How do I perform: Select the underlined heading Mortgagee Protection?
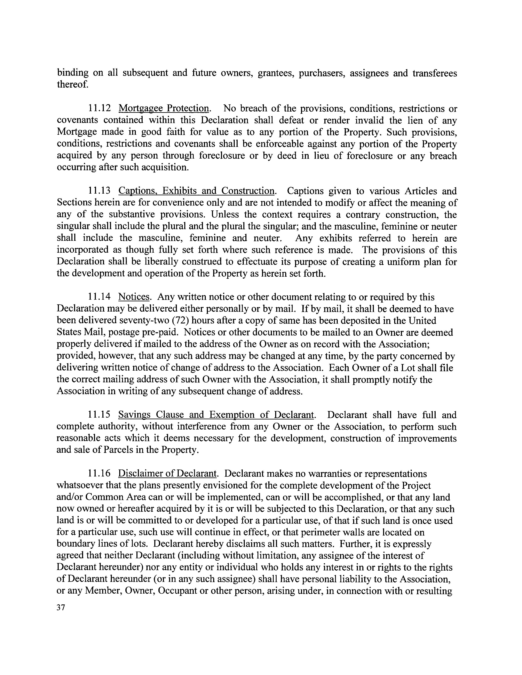coord(164,109)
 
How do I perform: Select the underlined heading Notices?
coord(134,297)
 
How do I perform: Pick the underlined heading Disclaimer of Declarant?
coord(167,474)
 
